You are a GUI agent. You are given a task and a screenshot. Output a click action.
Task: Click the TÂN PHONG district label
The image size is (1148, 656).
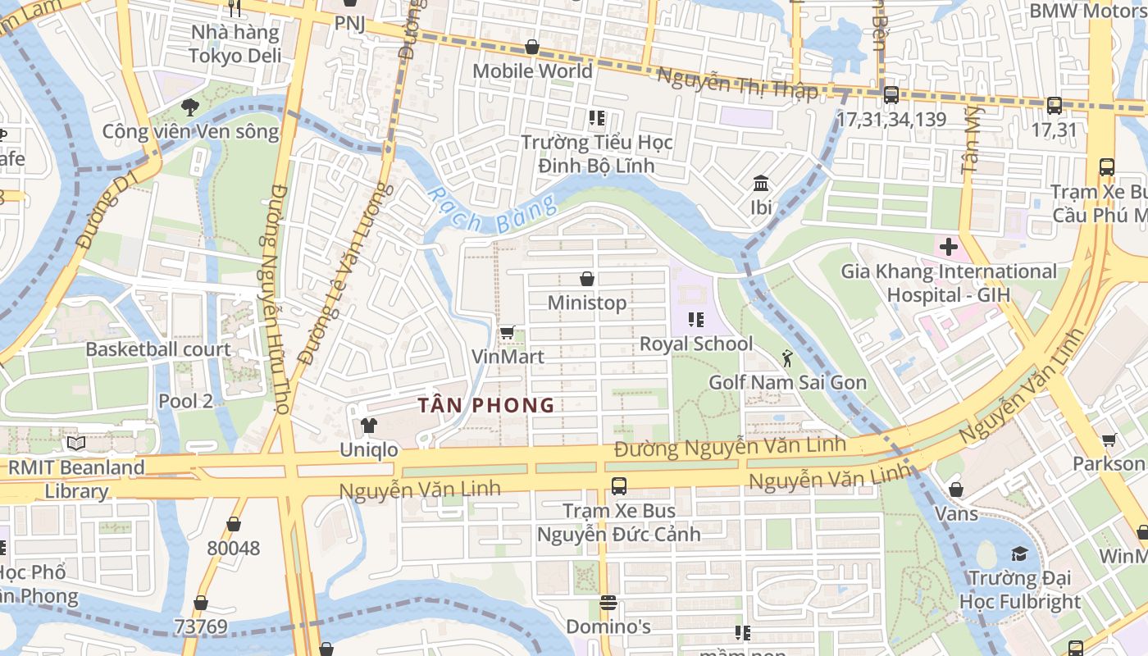coord(486,405)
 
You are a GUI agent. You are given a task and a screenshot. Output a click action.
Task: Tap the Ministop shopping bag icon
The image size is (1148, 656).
coord(587,280)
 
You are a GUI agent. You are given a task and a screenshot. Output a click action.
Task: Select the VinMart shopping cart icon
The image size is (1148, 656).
coord(507,332)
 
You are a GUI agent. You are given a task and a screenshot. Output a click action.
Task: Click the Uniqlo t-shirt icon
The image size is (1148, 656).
coord(369,426)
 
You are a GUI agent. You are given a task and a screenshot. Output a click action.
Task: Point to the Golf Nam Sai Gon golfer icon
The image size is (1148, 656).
coord(787,358)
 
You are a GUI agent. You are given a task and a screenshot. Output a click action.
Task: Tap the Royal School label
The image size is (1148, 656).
coord(695,344)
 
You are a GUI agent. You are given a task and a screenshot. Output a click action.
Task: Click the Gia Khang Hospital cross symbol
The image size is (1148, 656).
coord(949,247)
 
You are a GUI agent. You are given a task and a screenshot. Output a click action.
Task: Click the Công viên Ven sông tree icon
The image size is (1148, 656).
coord(190,107)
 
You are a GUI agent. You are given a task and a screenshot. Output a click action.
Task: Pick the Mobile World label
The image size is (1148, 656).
coord(532,71)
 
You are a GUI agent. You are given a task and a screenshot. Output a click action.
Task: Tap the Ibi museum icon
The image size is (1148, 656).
coord(761,183)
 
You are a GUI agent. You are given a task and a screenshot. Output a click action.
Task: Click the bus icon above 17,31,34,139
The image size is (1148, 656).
coord(891,95)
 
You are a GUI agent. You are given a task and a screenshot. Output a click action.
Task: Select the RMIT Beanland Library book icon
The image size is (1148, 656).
coord(76,444)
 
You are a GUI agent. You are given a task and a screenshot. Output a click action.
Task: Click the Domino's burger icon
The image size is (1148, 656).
coord(608,604)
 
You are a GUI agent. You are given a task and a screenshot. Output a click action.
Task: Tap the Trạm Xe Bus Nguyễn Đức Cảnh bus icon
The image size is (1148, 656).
coord(619,485)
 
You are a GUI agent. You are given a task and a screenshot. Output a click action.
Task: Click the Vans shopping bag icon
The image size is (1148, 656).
coord(956,490)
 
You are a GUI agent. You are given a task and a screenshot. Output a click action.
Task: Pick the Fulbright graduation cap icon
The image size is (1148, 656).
coord(1019,554)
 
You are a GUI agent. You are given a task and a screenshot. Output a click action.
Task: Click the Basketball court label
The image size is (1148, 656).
coord(158,349)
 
